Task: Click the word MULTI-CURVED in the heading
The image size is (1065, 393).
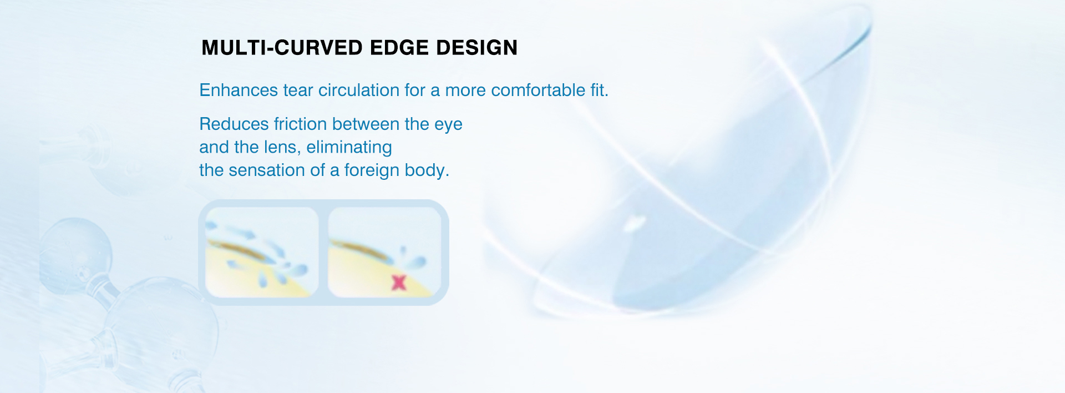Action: coord(282,48)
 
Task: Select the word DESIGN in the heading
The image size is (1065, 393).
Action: coord(477,48)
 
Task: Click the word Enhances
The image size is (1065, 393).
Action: coord(239,90)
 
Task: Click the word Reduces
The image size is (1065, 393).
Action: coord(234,124)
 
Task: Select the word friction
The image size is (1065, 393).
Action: coord(301,124)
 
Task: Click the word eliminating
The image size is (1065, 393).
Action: coord(349,148)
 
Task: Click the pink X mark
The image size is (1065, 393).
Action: coord(399,283)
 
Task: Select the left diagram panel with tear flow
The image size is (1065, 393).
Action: coord(262,252)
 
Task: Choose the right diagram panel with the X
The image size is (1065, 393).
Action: coord(384,252)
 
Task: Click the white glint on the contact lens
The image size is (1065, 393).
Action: coord(633,223)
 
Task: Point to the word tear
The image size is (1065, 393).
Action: coord(298,90)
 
